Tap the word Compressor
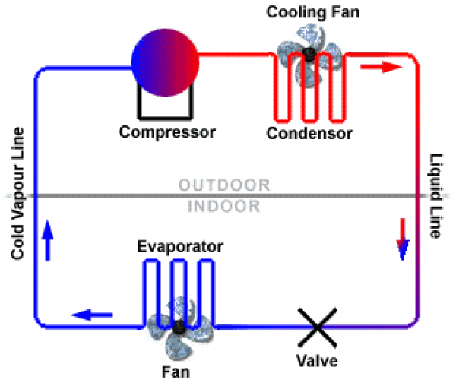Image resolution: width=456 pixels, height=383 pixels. pos(167,132)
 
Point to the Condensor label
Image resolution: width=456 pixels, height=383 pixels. pos(309,135)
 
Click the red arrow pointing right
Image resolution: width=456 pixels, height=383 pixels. pos(380,67)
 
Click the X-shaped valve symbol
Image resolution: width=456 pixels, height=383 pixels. pos(315,327)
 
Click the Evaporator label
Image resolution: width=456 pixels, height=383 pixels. pos(179,247)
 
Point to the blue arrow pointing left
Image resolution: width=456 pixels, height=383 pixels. pos(93,312)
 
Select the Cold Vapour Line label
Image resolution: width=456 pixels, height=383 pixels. pos(16,194)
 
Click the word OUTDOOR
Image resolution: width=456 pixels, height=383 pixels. pos(224,185)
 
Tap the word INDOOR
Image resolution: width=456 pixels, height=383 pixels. pos(224,206)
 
